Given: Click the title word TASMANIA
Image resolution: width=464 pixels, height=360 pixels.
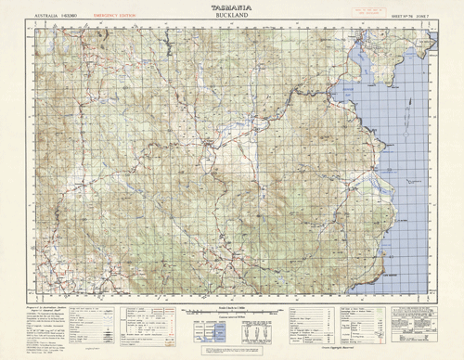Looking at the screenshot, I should click(231, 7).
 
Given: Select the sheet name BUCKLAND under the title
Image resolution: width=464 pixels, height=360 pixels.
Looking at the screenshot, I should click(231, 16).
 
